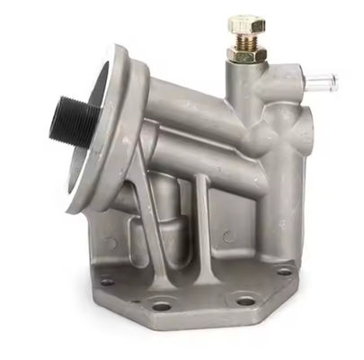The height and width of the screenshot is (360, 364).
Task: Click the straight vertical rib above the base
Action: (200, 225)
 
